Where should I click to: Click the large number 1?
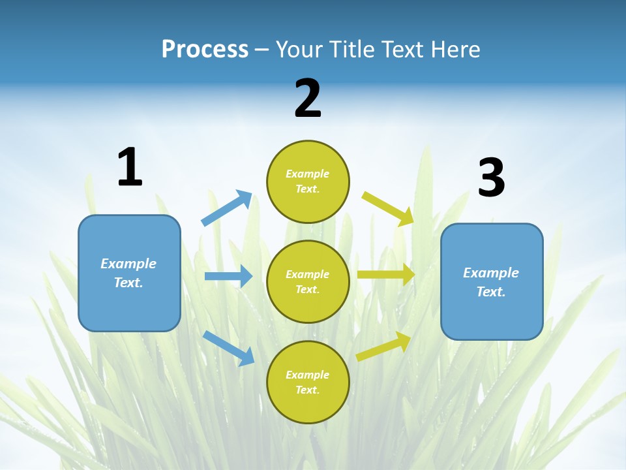pos(130,168)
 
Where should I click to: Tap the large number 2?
pos(308,99)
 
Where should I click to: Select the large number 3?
pos(491,178)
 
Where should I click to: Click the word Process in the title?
pos(205,49)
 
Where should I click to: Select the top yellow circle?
pos(308,181)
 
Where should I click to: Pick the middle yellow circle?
pos(308,281)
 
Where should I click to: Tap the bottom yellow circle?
pos(308,382)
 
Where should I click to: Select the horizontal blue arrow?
pos(228,277)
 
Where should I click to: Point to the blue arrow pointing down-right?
pos(228,348)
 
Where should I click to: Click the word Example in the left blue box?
pos(128,264)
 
